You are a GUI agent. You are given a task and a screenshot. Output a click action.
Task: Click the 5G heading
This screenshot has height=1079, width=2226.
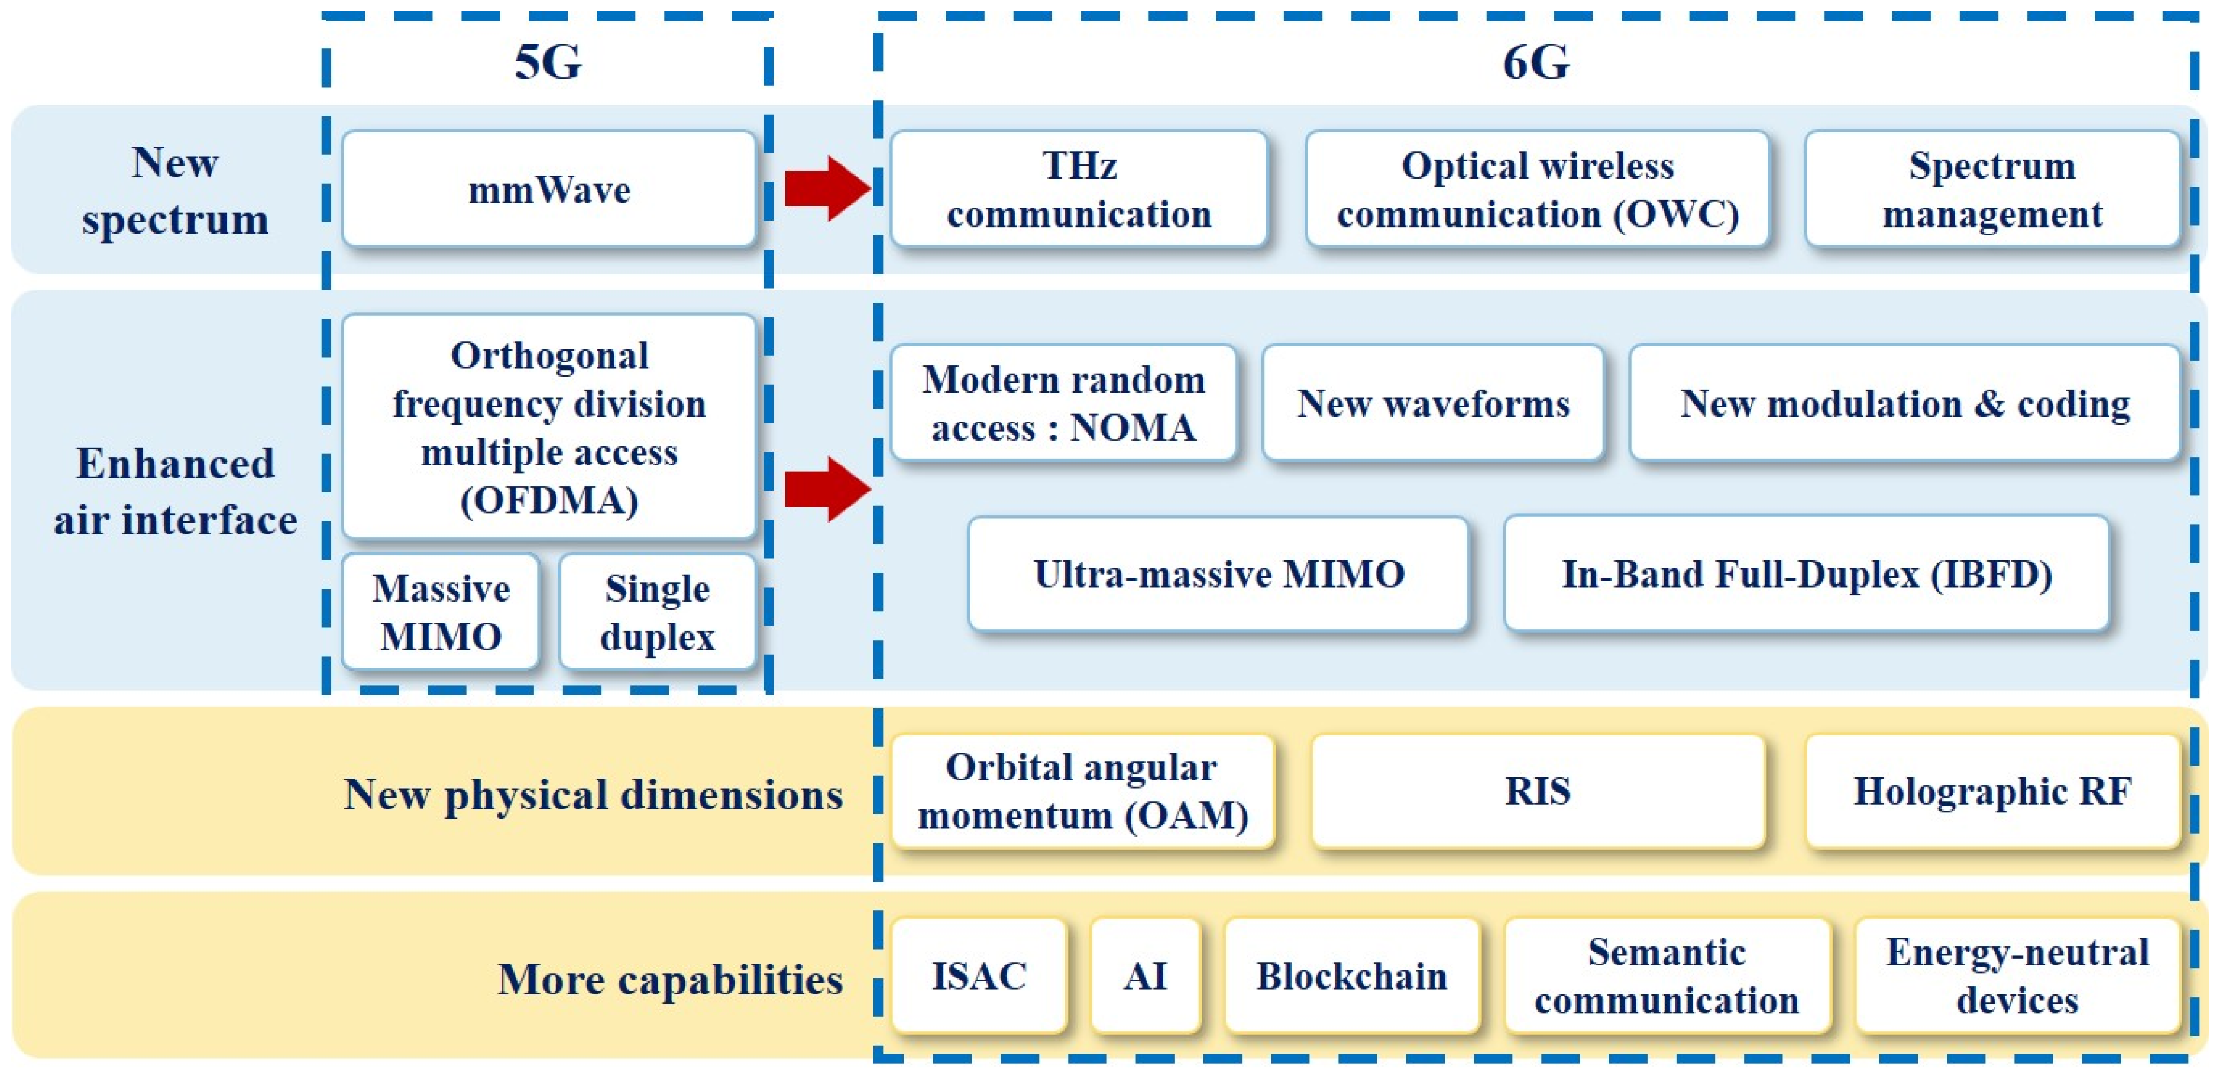tap(548, 62)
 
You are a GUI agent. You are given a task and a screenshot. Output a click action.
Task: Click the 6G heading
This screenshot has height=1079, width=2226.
tap(1536, 62)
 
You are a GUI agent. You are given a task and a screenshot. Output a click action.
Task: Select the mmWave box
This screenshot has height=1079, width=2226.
tap(549, 189)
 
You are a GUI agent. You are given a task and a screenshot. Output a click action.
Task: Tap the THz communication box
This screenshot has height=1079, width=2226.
tap(1079, 189)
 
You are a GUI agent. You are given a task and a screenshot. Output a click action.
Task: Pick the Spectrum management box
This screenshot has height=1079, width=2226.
tap(1992, 189)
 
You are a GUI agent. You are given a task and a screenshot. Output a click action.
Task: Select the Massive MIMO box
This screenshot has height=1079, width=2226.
tap(441, 613)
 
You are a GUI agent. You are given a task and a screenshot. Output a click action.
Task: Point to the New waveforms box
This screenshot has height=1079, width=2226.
tap(1433, 403)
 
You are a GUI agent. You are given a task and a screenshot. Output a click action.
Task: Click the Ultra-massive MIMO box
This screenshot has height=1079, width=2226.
tap(1218, 573)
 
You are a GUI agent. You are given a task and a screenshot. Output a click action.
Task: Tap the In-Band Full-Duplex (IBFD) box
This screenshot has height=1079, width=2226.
tap(1806, 573)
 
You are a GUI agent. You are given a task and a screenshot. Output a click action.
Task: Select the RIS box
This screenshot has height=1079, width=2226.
tap(1537, 791)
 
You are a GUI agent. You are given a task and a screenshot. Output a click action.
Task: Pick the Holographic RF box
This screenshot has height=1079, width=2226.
tap(1992, 791)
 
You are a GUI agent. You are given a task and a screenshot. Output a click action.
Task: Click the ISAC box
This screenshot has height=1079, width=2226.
tap(979, 976)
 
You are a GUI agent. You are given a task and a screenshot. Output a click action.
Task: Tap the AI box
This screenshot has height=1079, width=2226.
tap(1145, 976)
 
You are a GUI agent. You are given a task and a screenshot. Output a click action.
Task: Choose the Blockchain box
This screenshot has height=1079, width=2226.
tap(1351, 976)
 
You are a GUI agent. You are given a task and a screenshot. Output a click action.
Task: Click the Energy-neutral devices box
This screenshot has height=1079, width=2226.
tap(2017, 976)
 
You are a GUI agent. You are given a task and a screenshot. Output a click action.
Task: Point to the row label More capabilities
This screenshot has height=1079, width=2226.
tap(669, 980)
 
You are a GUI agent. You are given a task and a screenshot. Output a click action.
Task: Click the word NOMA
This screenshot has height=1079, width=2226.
tap(1133, 427)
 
